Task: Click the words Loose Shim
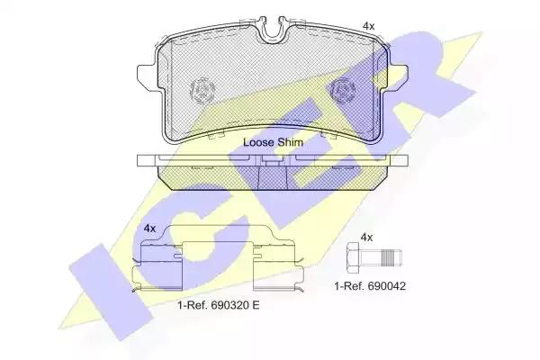click(x=273, y=142)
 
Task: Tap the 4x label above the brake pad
click(x=368, y=26)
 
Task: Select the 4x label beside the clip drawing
click(x=149, y=228)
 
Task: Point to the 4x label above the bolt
click(x=366, y=238)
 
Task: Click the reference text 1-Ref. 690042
click(x=370, y=286)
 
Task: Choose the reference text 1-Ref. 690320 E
click(x=219, y=305)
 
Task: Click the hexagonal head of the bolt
click(x=353, y=258)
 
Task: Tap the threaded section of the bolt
click(x=388, y=258)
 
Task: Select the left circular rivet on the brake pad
click(x=202, y=90)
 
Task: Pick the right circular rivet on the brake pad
click(x=343, y=90)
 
